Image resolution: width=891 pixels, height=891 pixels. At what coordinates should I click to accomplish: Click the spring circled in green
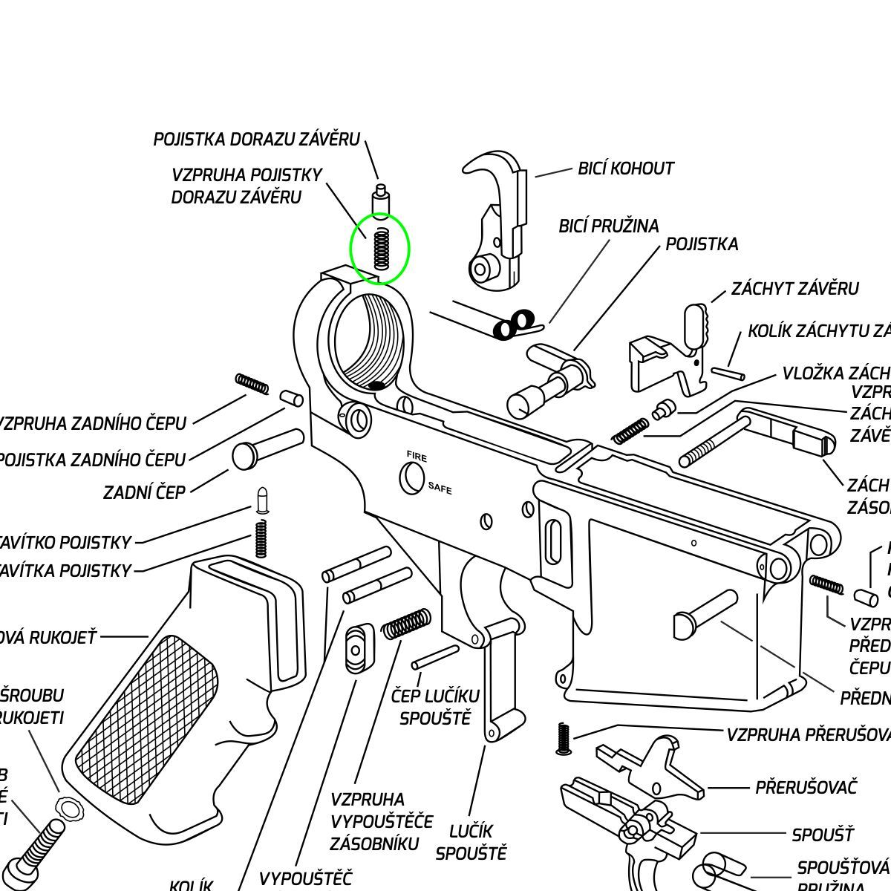click(381, 248)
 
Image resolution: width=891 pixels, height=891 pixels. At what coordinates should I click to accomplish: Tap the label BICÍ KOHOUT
click(626, 169)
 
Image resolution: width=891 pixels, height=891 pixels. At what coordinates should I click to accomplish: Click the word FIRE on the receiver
click(417, 457)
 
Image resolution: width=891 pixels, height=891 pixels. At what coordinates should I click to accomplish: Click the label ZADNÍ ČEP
click(144, 492)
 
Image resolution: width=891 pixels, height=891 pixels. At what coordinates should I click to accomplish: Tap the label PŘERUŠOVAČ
click(806, 787)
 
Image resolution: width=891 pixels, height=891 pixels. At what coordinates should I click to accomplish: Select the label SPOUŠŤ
click(822, 835)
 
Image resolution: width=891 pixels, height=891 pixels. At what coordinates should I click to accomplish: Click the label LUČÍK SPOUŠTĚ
click(471, 842)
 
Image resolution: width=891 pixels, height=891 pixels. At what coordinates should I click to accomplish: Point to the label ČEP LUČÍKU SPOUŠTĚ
click(435, 708)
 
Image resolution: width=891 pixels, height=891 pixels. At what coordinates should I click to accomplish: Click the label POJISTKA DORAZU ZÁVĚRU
click(256, 140)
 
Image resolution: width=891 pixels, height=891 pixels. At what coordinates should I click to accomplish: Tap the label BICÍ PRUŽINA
click(608, 226)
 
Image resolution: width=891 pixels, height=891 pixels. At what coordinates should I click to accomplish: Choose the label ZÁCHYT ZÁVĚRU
click(794, 288)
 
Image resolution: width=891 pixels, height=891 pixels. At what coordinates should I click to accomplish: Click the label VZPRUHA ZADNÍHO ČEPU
click(93, 424)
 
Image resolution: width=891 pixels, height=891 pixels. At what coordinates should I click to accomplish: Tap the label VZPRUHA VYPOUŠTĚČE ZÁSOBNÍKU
click(381, 821)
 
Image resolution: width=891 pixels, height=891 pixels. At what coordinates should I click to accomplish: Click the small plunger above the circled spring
click(381, 199)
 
